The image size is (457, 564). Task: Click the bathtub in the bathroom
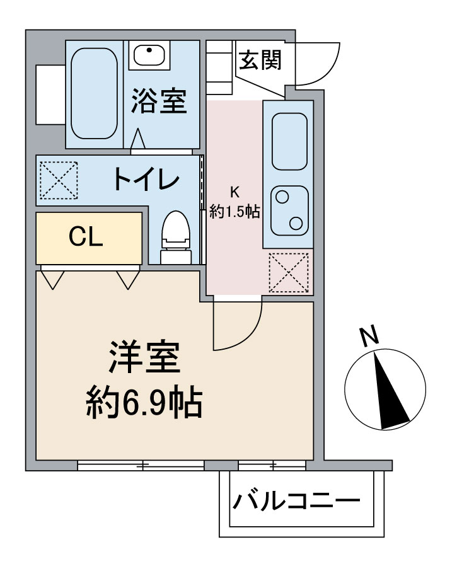(93, 93)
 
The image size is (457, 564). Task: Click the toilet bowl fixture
(175, 236)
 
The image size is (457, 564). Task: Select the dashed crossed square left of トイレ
(58, 180)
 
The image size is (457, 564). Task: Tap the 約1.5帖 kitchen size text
(234, 212)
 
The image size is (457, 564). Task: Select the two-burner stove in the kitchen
(289, 210)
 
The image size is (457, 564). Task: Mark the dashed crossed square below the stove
(289, 272)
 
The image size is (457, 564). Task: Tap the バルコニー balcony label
(296, 502)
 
